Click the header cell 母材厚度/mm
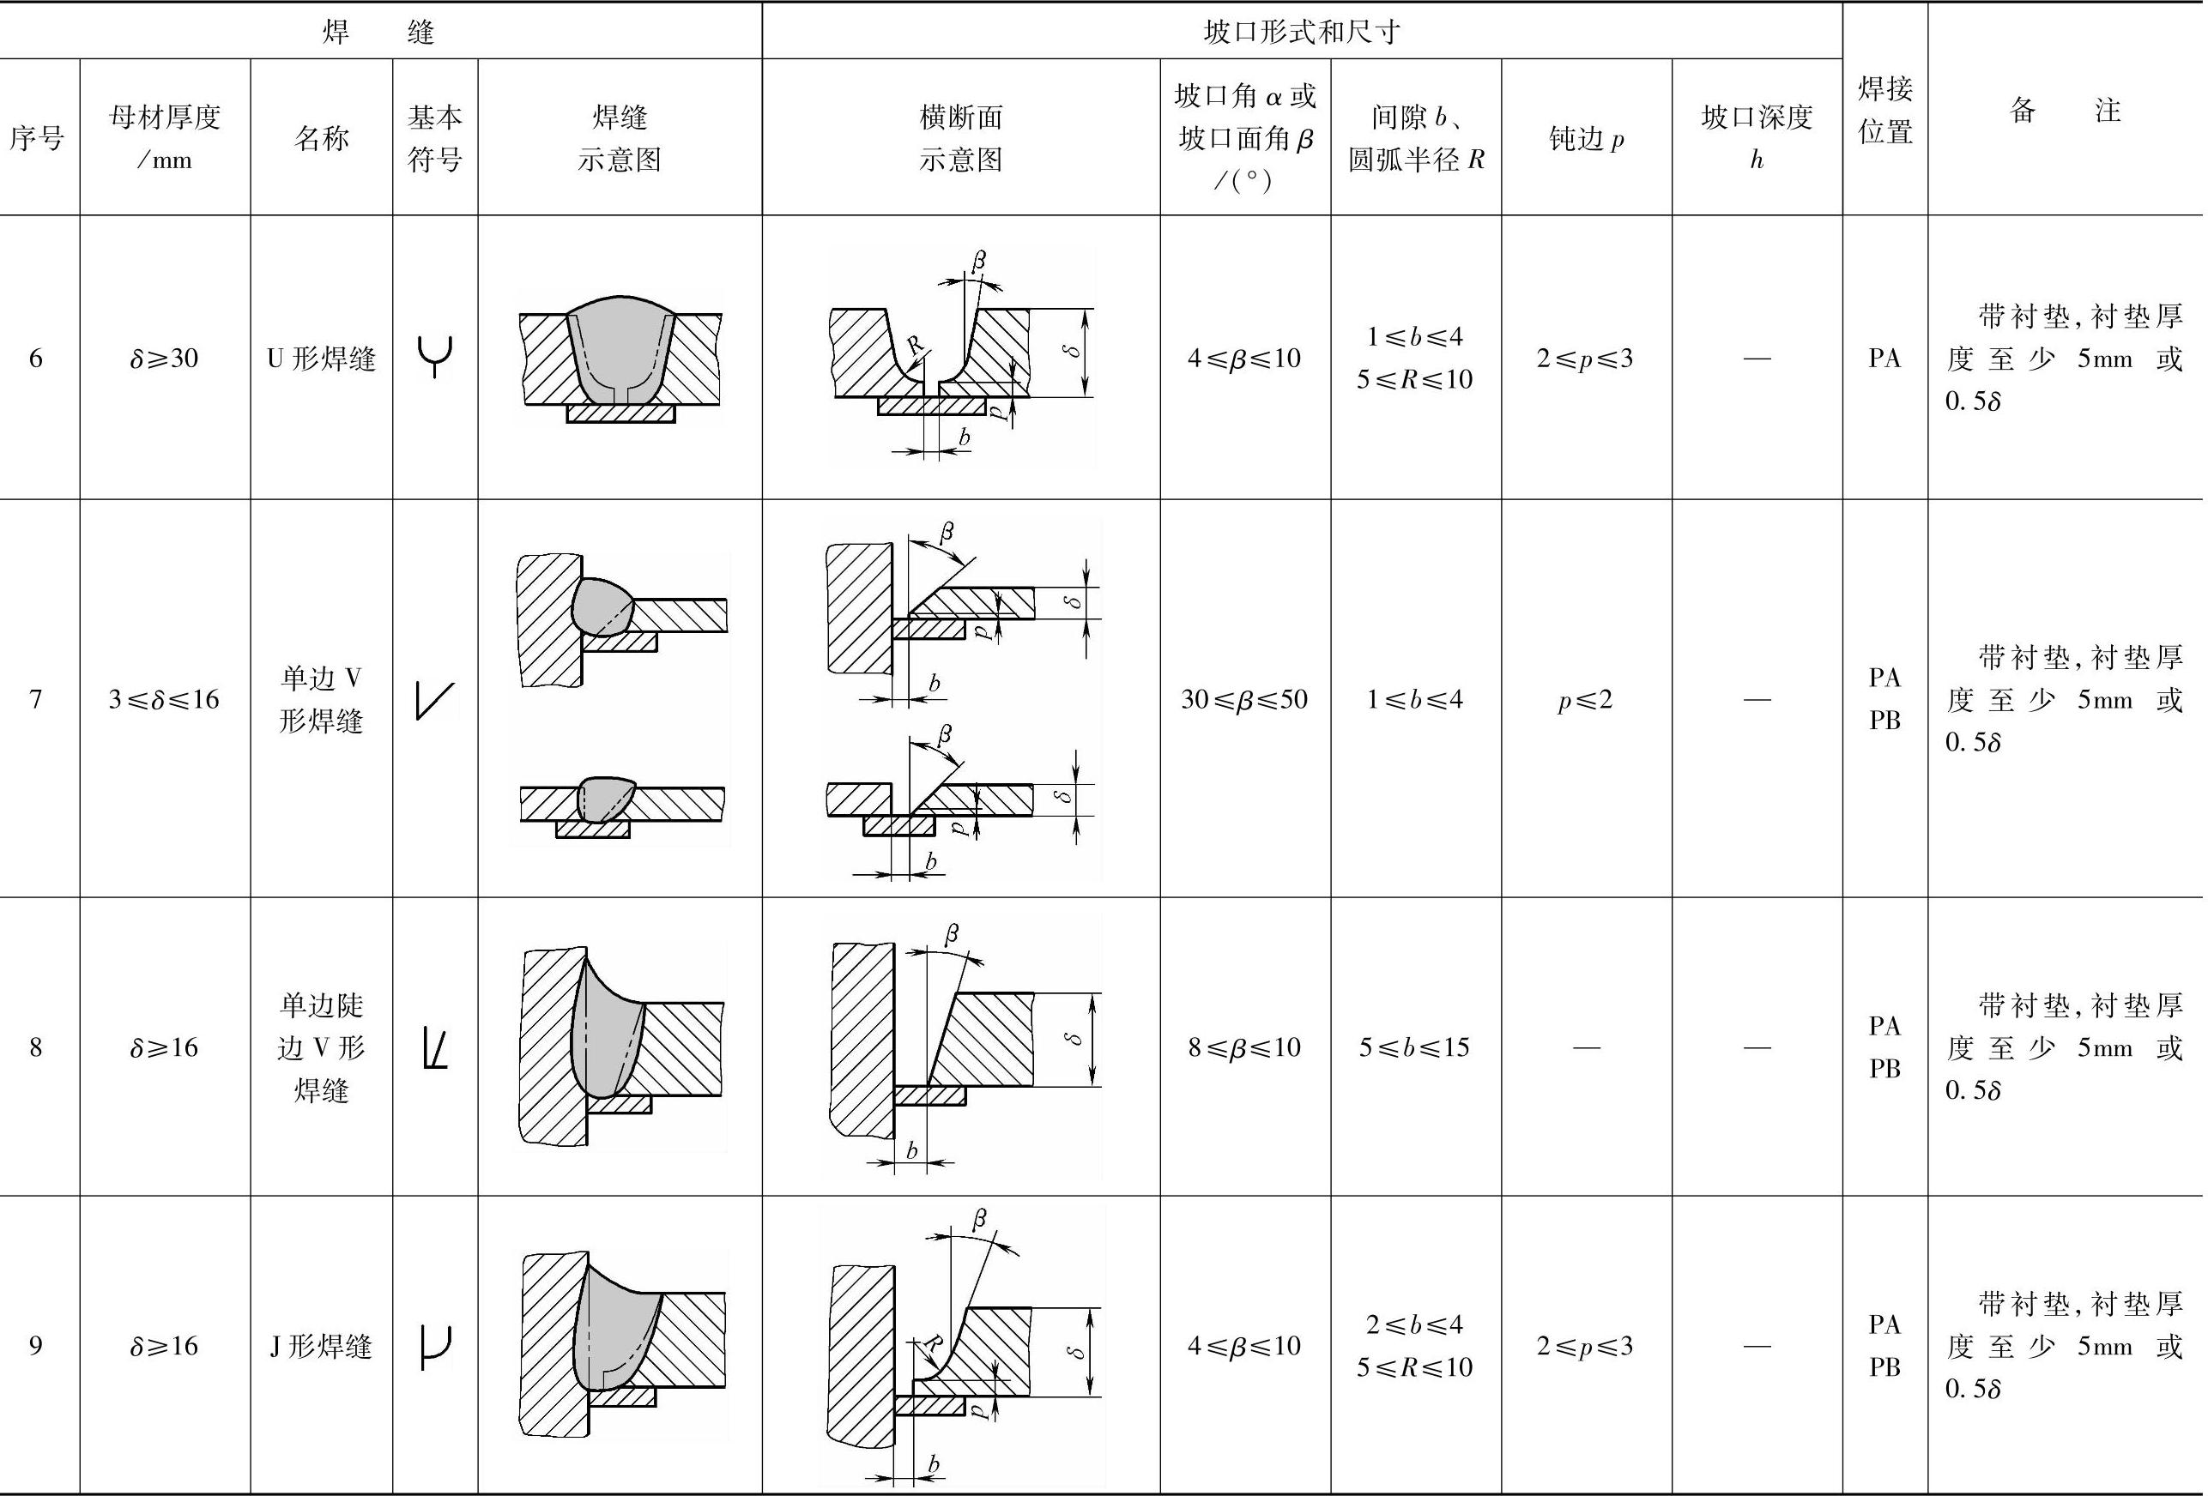tap(165, 138)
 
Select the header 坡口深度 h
tap(1756, 138)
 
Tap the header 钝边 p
tap(1586, 139)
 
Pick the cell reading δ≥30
tap(165, 358)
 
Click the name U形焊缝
tap(321, 358)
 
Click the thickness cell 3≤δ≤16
tap(165, 699)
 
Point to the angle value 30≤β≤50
tap(1243, 699)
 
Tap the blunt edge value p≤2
tap(1586, 699)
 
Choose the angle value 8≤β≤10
tap(1243, 1047)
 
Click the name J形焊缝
tap(321, 1345)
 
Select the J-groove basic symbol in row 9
tap(435, 1347)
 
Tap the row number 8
tap(36, 1047)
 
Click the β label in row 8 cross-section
tap(952, 933)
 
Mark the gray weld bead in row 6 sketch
tap(620, 347)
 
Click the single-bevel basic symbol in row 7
tap(435, 701)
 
